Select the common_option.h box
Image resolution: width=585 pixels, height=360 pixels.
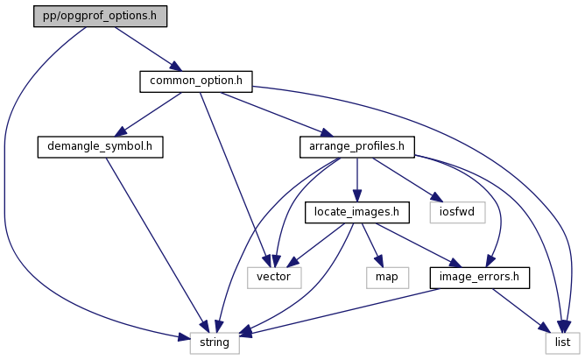pos(195,81)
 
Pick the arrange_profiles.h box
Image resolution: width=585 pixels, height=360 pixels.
pos(356,146)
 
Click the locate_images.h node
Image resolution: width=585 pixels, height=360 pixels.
pos(356,211)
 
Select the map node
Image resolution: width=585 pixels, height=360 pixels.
pos(387,277)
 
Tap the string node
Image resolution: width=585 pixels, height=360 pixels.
pos(214,342)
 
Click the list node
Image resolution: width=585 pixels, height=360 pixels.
pos(561,342)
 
